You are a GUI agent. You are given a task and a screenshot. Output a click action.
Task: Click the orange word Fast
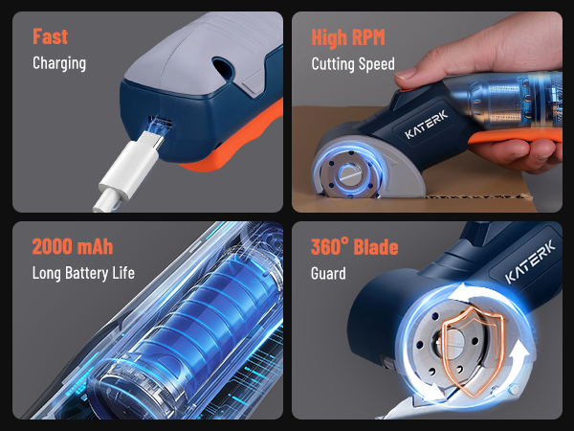50,37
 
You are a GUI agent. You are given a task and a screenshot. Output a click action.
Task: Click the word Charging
59,63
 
